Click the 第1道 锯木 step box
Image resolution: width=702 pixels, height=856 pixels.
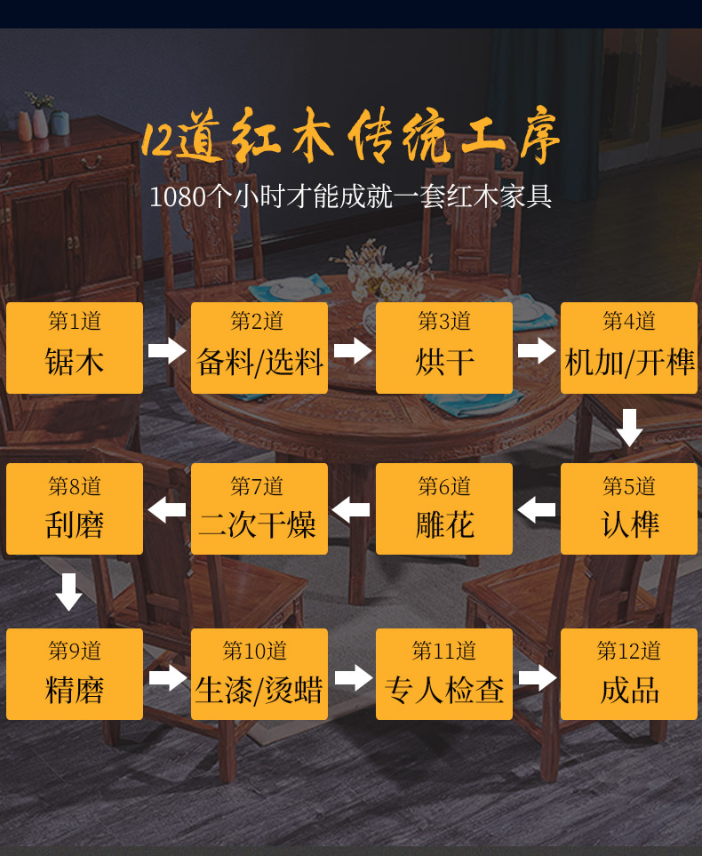pyautogui.click(x=75, y=348)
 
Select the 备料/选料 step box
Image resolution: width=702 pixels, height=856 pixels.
pyautogui.click(x=259, y=348)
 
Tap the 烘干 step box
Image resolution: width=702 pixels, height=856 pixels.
pyautogui.click(x=444, y=348)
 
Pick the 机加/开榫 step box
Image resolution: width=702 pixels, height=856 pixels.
pyautogui.click(x=629, y=348)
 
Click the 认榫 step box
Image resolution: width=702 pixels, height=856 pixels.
pyautogui.click(x=629, y=509)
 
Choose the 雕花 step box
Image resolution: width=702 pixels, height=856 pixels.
pyautogui.click(x=444, y=509)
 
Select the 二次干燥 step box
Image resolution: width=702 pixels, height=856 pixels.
pyautogui.click(x=259, y=509)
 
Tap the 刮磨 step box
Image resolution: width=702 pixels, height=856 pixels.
pyautogui.click(x=75, y=509)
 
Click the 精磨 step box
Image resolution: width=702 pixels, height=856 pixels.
pyautogui.click(x=75, y=675)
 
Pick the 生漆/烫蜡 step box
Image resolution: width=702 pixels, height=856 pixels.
pyautogui.click(x=259, y=675)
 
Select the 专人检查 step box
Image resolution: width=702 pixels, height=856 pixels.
pyautogui.click(x=444, y=675)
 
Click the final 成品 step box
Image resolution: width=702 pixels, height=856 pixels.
pyautogui.click(x=629, y=675)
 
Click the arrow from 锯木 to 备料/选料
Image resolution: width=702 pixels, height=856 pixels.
pyautogui.click(x=167, y=349)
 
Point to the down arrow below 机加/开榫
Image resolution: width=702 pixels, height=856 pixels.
pyautogui.click(x=629, y=428)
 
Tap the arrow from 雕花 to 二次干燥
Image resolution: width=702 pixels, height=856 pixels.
pyautogui.click(x=352, y=510)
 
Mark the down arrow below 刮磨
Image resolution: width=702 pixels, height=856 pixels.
pyautogui.click(x=69, y=592)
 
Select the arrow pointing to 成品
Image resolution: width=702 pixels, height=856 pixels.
pyautogui.click(x=537, y=678)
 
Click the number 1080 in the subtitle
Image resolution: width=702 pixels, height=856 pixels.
pyautogui.click(x=177, y=196)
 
